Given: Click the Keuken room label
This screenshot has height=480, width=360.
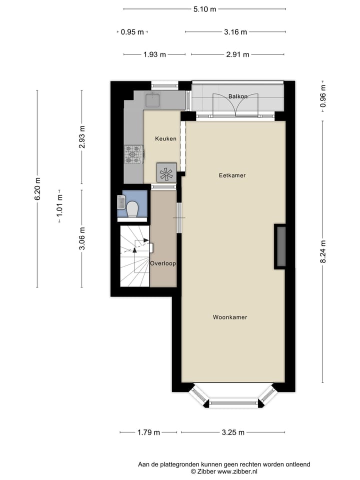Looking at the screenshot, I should coord(165,138).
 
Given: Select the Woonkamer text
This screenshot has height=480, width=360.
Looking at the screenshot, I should coord(230,317).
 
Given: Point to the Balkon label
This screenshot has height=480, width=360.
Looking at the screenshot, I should coord(238,96).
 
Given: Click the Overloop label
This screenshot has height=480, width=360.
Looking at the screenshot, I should coord(163,263).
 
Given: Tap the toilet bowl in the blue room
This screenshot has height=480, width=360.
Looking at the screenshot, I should coord(133,208).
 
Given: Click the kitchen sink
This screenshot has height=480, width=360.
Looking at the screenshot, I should coord(152,100).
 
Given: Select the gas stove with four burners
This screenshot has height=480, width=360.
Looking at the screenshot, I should coord(134,154).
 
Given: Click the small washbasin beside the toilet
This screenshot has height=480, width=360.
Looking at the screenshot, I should coord(121,202).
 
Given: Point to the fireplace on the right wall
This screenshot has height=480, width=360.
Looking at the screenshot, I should coord(280,246).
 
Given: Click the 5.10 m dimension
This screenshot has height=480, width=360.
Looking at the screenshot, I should coord(204,9).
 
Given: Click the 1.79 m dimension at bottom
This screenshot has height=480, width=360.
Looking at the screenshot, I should coord(148,432).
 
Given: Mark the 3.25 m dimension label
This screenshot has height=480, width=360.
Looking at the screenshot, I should coord(233,432).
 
